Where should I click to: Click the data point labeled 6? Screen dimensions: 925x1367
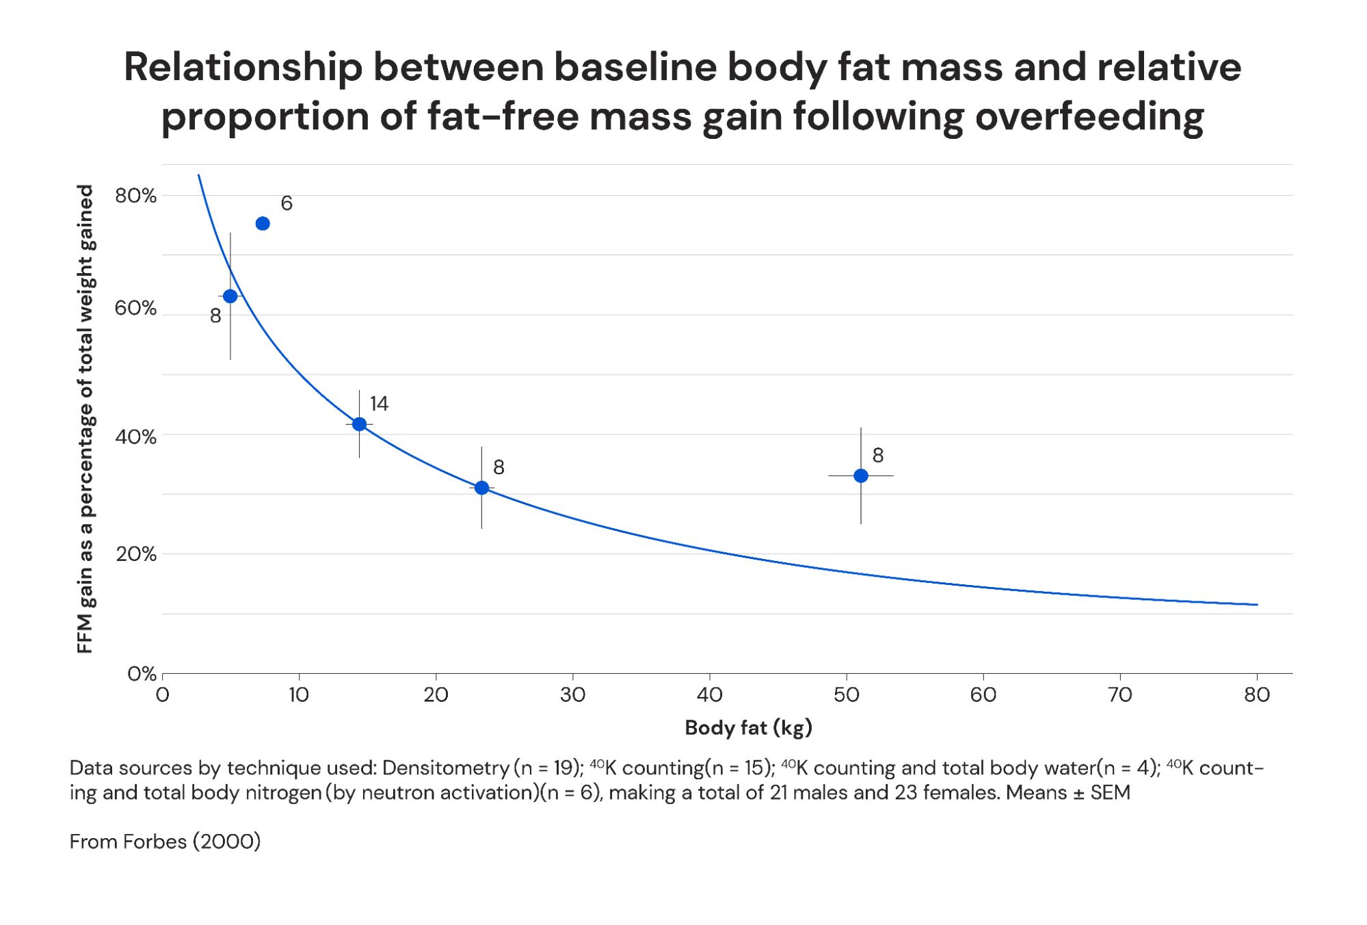coord(263,224)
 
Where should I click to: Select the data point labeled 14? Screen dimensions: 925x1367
coord(359,424)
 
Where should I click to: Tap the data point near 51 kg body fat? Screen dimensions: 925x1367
coord(861,475)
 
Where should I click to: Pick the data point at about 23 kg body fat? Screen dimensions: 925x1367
coord(481,488)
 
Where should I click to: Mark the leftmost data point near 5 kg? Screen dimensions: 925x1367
coord(230,296)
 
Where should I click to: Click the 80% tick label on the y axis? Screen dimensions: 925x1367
coord(135,196)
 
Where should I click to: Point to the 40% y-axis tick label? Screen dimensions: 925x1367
coord(135,437)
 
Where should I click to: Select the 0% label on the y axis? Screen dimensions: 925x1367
coord(142,674)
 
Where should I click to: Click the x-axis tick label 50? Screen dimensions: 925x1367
coord(846,695)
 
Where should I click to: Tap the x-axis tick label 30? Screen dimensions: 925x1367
coord(572,695)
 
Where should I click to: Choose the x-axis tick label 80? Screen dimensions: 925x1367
coord(1256,695)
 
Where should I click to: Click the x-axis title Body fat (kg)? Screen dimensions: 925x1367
coord(748,727)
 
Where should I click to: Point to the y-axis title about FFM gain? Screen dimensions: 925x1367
coord(85,419)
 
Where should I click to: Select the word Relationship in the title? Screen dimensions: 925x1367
coord(242,68)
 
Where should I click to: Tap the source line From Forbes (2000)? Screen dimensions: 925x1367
coord(165,841)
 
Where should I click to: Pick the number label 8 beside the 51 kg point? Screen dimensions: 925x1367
coord(878,455)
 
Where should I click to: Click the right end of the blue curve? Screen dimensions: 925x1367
coord(1256,604)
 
